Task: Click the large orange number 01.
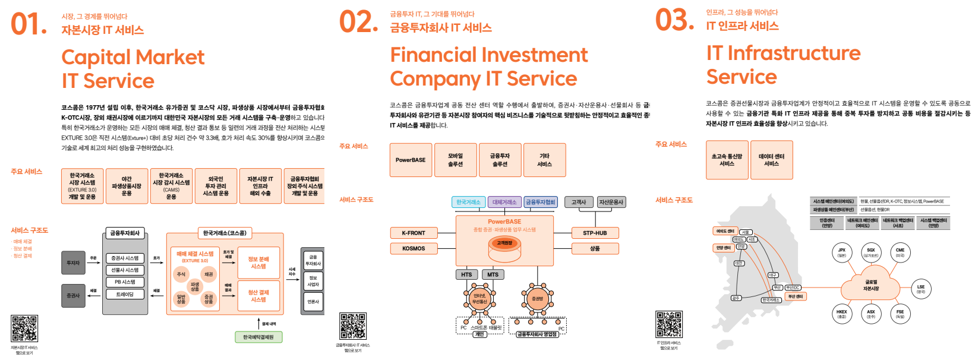coord(28,25)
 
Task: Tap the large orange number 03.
coord(674,20)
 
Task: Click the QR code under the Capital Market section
coord(24,329)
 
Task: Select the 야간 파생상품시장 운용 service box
coord(127,186)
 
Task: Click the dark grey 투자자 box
coord(73,263)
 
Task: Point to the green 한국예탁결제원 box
coord(258,337)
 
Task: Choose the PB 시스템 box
coord(125,282)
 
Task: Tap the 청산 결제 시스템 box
coord(258,296)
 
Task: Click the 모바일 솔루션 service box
coord(455,160)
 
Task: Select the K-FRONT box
coord(414,233)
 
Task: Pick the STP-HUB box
coord(595,233)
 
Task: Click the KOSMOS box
coord(414,248)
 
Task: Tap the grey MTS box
coord(493,274)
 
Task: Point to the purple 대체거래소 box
coord(504,202)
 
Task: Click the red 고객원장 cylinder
coord(504,244)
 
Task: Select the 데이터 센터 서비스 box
coord(771,160)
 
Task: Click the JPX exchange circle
coord(841,252)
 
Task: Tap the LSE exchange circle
coord(920,289)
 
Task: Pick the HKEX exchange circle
coord(841,314)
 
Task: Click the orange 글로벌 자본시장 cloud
coord(871,286)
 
